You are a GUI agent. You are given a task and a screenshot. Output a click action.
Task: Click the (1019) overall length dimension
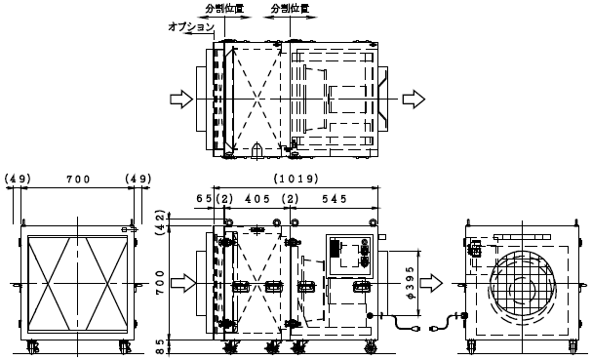tap(296, 179)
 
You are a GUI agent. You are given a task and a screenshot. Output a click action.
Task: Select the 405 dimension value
tap(257, 199)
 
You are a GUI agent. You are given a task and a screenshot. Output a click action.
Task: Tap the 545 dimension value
tap(335, 199)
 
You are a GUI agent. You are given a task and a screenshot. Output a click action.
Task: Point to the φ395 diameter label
tap(412, 283)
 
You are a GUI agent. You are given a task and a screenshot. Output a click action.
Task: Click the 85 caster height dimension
tap(160, 347)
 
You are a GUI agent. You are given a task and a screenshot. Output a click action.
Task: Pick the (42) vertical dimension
tap(161, 222)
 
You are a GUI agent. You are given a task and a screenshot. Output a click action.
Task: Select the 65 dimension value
tap(205, 199)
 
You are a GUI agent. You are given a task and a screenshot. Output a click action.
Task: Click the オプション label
tap(191, 26)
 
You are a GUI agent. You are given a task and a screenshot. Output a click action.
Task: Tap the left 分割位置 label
tap(224, 9)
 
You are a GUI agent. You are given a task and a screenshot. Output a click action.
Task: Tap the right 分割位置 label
tap(290, 9)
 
